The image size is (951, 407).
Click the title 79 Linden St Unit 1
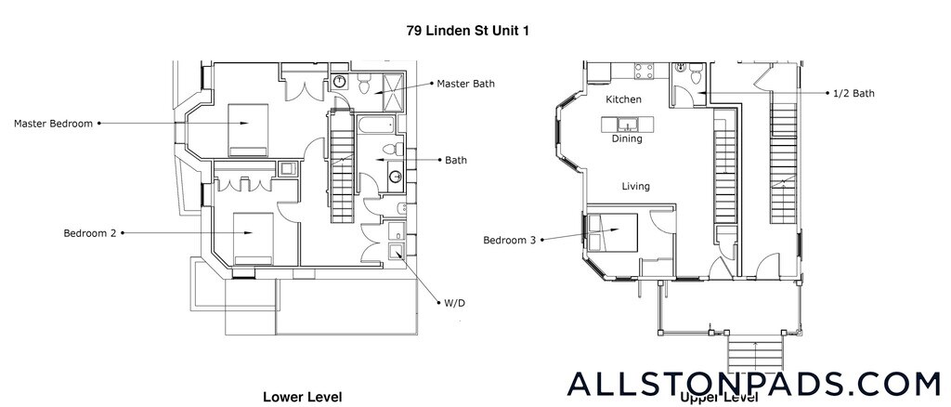click(x=468, y=30)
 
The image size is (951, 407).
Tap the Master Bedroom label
click(x=53, y=123)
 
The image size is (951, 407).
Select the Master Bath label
click(x=465, y=84)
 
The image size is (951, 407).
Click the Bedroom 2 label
click(x=89, y=233)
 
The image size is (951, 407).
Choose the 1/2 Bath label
click(x=853, y=93)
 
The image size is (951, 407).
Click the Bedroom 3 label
click(x=509, y=241)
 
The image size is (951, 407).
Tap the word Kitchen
click(x=624, y=99)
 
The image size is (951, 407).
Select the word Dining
click(x=627, y=139)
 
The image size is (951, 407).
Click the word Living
click(x=635, y=187)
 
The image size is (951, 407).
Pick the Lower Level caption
click(x=303, y=397)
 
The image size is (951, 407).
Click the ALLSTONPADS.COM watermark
click(x=753, y=383)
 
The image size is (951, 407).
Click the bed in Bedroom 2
click(x=251, y=237)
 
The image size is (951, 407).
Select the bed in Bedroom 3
click(x=614, y=230)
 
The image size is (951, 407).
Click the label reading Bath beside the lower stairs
click(x=455, y=160)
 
